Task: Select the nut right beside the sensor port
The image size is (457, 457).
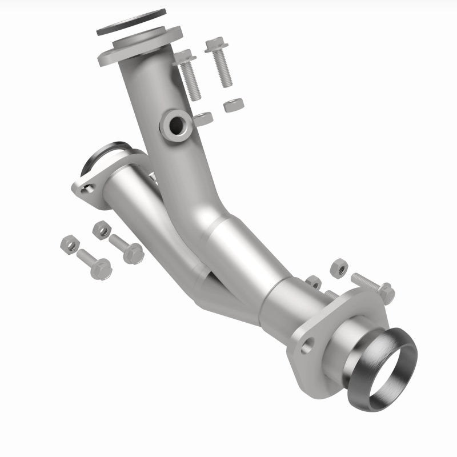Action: click(x=203, y=118)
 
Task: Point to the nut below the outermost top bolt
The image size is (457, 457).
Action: click(x=234, y=105)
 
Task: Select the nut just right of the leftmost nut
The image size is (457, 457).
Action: click(x=102, y=230)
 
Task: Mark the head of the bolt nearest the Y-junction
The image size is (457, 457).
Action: click(x=133, y=253)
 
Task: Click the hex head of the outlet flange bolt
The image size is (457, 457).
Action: click(x=386, y=292)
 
